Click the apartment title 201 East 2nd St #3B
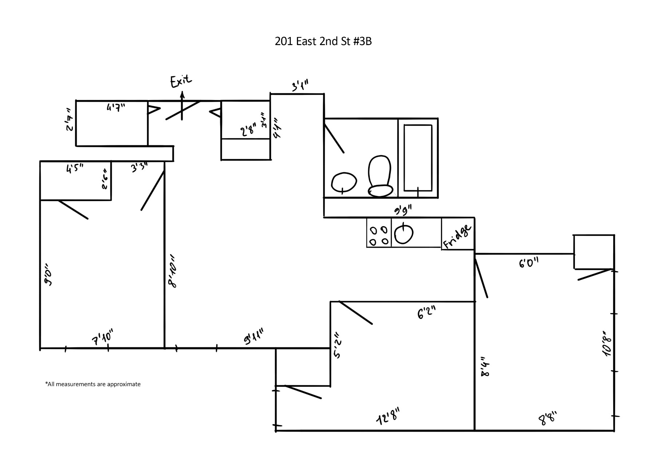tap(323, 41)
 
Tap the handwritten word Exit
tap(181, 81)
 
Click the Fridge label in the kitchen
tap(457, 237)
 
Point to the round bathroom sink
tap(344, 182)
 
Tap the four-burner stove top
tap(378, 236)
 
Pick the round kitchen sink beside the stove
tap(404, 234)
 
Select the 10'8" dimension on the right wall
tap(607, 344)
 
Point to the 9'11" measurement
tap(253, 336)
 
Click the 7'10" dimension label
tap(103, 337)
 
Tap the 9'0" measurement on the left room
tap(48, 277)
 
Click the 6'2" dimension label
tap(426, 312)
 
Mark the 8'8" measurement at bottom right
tap(547, 418)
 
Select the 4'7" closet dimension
tap(116, 108)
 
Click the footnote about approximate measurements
tap(93, 384)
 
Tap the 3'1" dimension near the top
tap(300, 87)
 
